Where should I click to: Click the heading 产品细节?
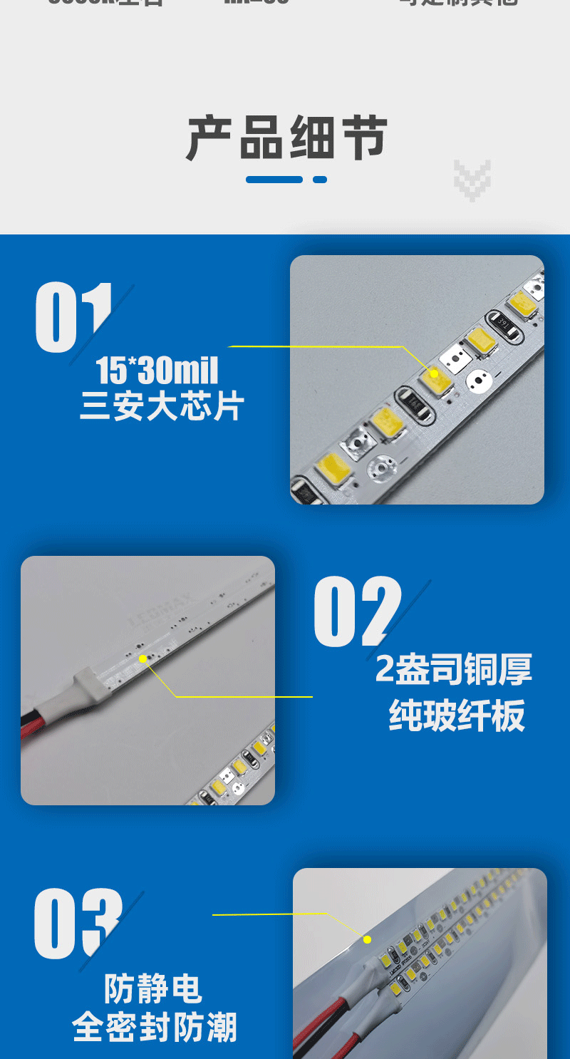pyautogui.click(x=287, y=138)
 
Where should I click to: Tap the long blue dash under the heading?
pyautogui.click(x=274, y=180)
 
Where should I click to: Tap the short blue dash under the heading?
pyautogui.click(x=320, y=180)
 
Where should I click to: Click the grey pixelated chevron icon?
pyautogui.click(x=472, y=180)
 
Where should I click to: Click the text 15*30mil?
pyautogui.click(x=157, y=371)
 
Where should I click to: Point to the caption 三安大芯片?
pyautogui.click(x=162, y=407)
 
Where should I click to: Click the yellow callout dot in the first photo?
pyautogui.click(x=434, y=373)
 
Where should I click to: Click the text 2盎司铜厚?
pyautogui.click(x=454, y=669)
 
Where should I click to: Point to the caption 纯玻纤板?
pyautogui.click(x=457, y=715)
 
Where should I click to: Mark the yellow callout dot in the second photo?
pyautogui.click(x=143, y=658)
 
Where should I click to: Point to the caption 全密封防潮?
pyautogui.click(x=154, y=1028)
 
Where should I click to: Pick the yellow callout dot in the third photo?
pyautogui.click(x=368, y=939)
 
